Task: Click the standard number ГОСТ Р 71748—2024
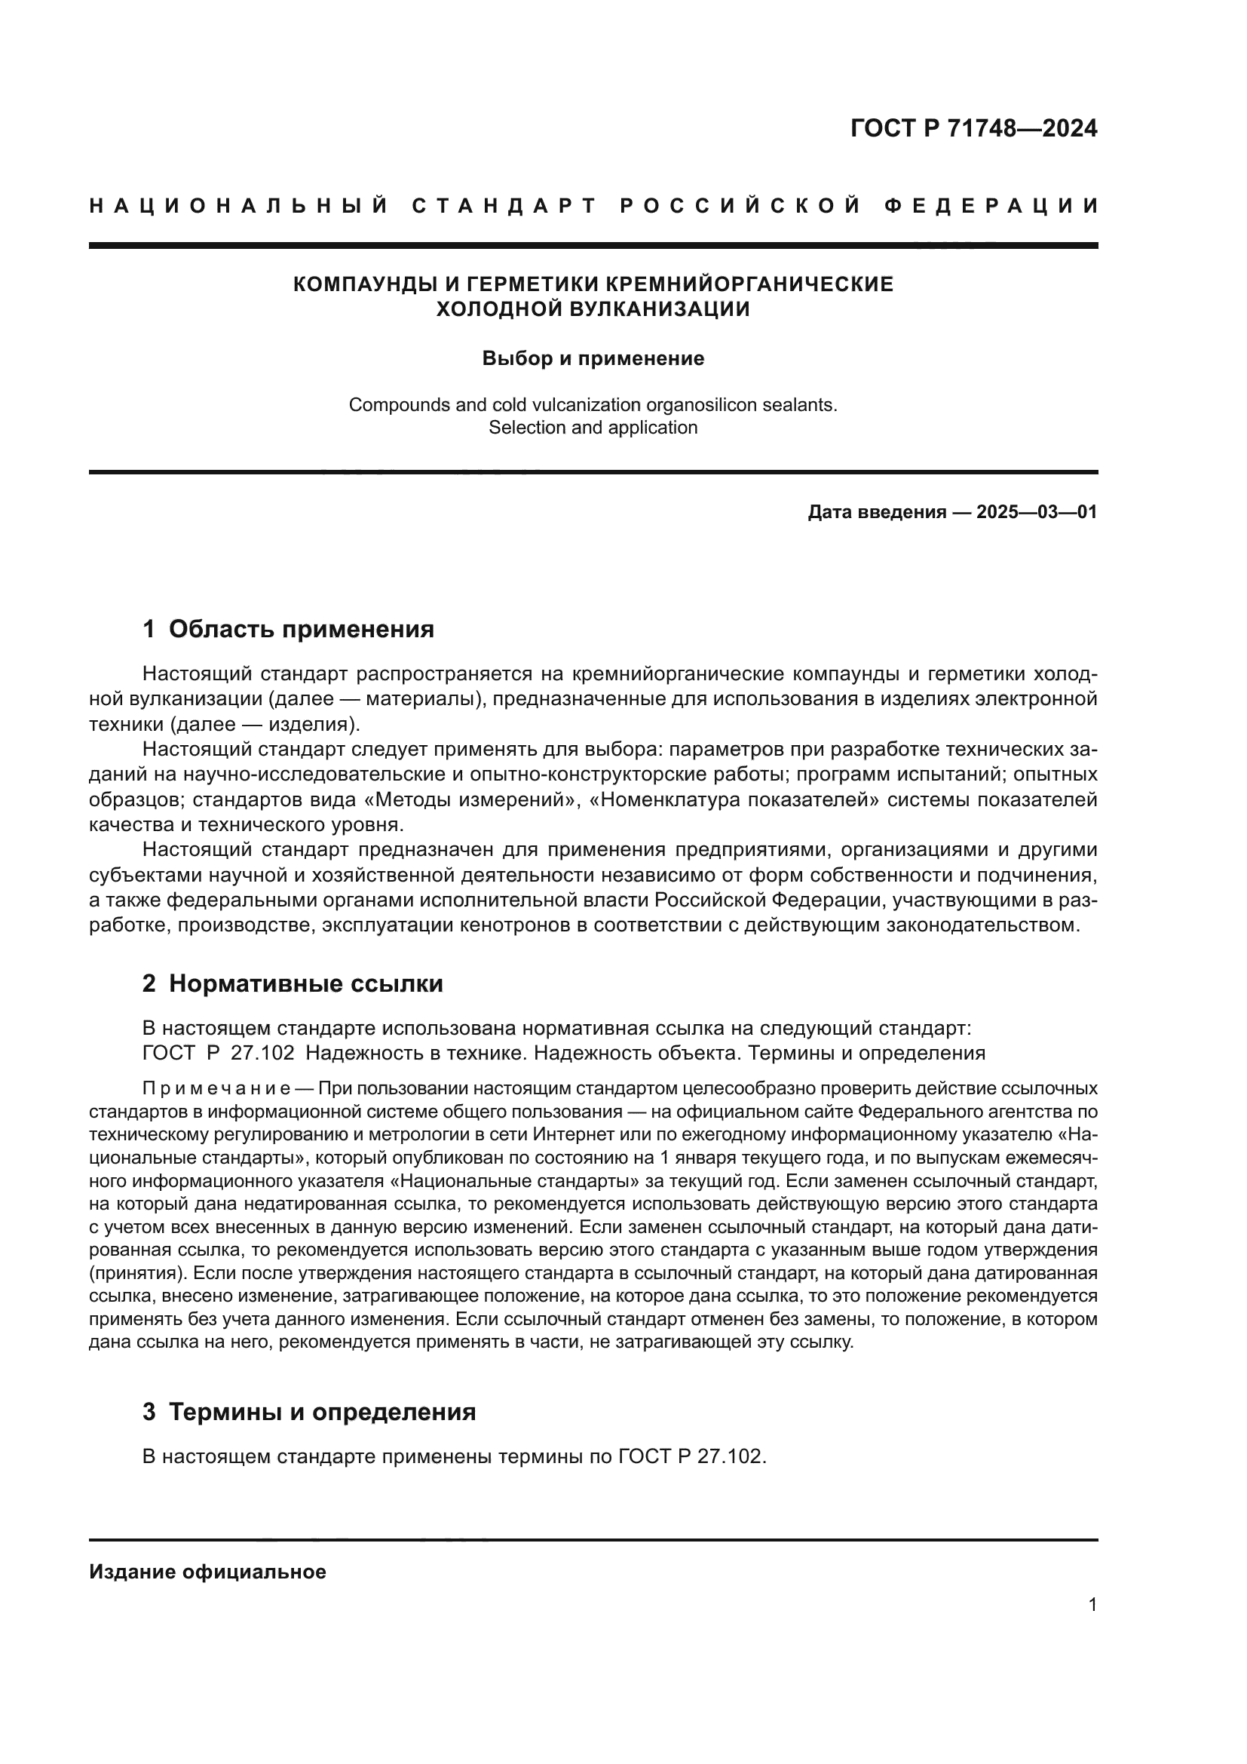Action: pyautogui.click(x=973, y=128)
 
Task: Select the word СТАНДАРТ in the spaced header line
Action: pyautogui.click(x=504, y=206)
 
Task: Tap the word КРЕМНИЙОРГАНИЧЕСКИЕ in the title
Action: pyautogui.click(x=749, y=284)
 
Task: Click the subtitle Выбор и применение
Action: pyautogui.click(x=593, y=359)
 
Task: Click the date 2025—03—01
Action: pyautogui.click(x=1037, y=511)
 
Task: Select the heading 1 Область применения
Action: pyautogui.click(x=288, y=629)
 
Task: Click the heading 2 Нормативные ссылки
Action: pyautogui.click(x=293, y=983)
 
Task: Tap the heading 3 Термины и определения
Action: pyautogui.click(x=308, y=1412)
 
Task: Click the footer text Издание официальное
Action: pyautogui.click(x=207, y=1572)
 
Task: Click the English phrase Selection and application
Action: pyautogui.click(x=593, y=428)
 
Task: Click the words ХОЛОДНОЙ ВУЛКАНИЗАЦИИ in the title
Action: pyautogui.click(x=593, y=310)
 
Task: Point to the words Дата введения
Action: pyautogui.click(x=876, y=511)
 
